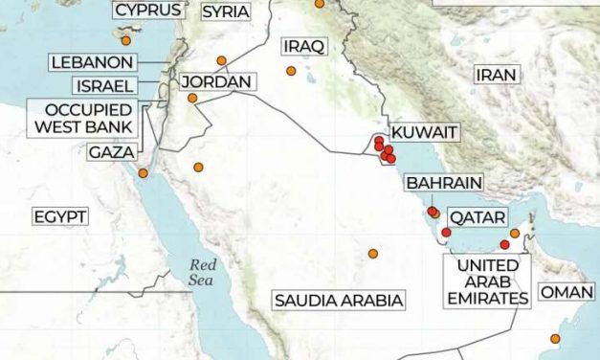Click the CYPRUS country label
pos(148,11)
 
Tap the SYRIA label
pos(226,11)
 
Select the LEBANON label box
pos(93,61)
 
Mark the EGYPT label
pos(60,216)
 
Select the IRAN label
pos(496,74)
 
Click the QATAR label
pos(477,217)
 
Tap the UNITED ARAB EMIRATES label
pos(488,281)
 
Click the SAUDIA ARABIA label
pos(338,301)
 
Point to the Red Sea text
pos(202,272)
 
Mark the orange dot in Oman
pos(554,338)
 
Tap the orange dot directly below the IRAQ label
pos(291,71)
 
